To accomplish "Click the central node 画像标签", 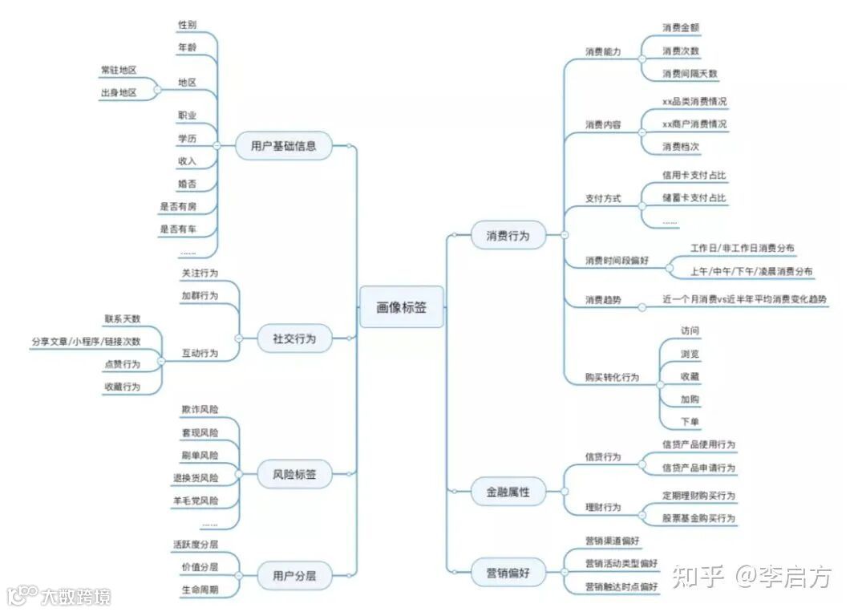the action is (x=401, y=306).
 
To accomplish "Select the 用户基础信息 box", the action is (x=283, y=146).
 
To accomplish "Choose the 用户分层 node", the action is (x=293, y=575).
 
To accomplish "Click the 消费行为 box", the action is (x=508, y=236).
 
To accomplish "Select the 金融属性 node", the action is (x=508, y=492).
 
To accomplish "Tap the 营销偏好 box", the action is (x=508, y=573).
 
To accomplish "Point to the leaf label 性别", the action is (x=187, y=25).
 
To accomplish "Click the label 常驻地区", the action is (x=119, y=70).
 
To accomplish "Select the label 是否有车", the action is (x=177, y=229).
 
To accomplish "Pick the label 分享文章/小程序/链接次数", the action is (x=86, y=341).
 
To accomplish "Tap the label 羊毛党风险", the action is (x=195, y=501).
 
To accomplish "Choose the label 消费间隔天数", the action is (x=690, y=74).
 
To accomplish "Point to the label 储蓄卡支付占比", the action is (x=694, y=197).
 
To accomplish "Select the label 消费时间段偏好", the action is (x=616, y=261).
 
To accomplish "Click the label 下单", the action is (x=689, y=422).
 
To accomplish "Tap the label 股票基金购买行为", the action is (x=698, y=518).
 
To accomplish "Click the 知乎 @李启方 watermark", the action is (x=751, y=576).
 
